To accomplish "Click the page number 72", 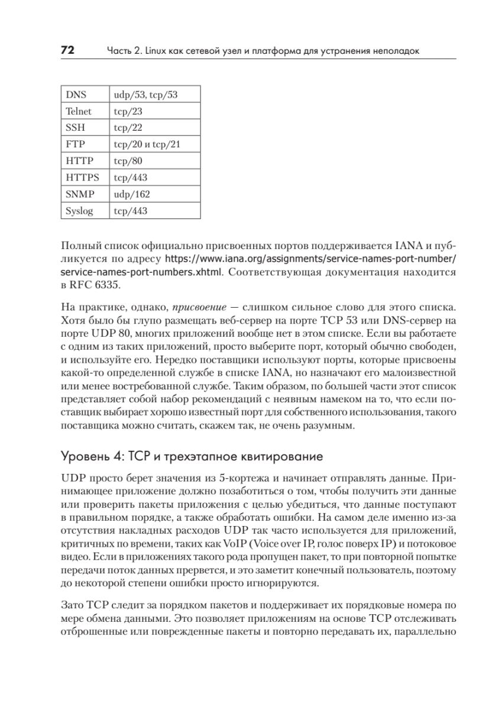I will [x=67, y=51].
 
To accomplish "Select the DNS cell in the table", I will [x=76, y=94].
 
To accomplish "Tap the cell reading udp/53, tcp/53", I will [x=145, y=94].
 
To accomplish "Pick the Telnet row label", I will [x=79, y=111].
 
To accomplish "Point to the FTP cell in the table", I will [x=75, y=144].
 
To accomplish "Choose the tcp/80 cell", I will [x=128, y=160].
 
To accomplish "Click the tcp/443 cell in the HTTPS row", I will [x=130, y=177].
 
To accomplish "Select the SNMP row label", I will [x=79, y=193].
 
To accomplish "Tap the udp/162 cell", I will [x=132, y=193].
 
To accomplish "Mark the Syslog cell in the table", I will [x=79, y=210].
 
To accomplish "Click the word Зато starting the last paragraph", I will [x=74, y=605].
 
